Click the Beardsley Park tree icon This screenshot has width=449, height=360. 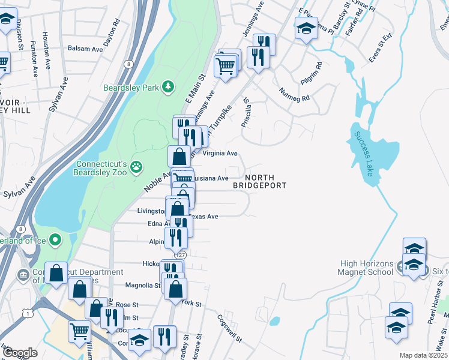tap(169, 88)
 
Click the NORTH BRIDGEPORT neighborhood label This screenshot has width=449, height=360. tap(260, 181)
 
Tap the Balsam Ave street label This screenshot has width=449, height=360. tap(83, 48)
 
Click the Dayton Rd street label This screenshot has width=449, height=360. tap(112, 32)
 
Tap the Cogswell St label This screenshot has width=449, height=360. tap(230, 329)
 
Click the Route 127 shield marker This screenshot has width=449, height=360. tap(182, 255)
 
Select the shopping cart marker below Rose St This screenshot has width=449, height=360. tap(79, 331)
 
